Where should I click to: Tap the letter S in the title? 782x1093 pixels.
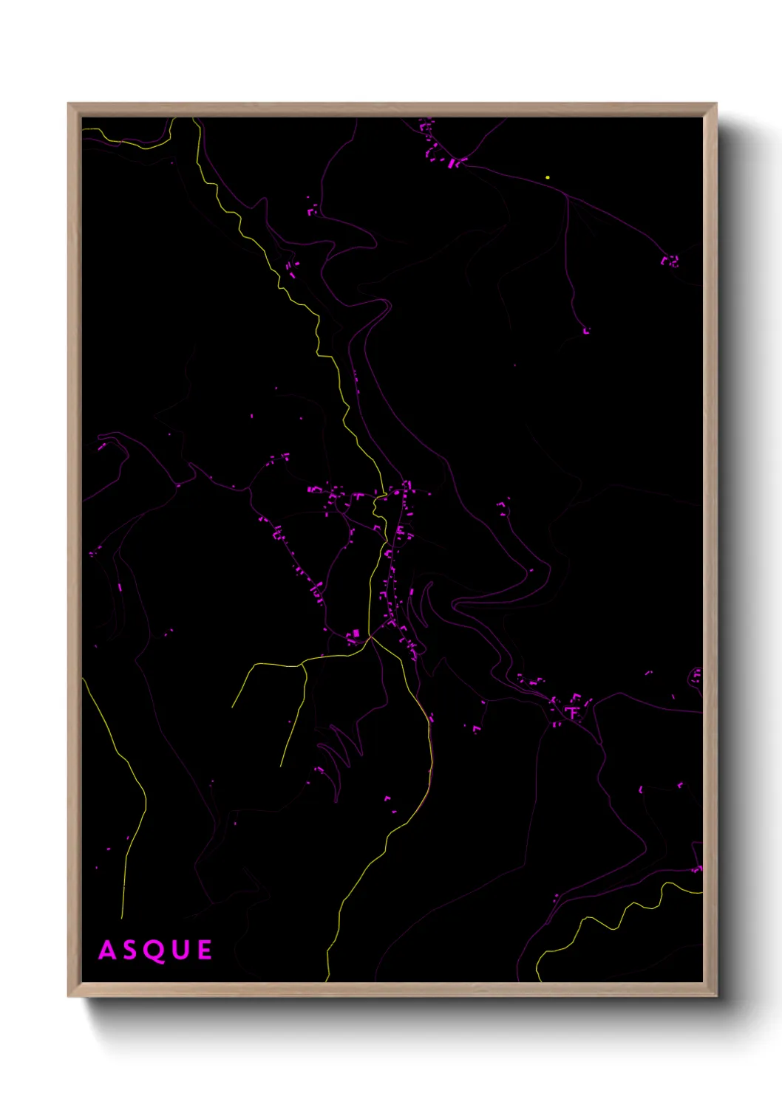130,950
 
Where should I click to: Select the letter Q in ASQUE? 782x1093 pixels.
154,950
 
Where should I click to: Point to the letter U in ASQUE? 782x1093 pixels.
180,950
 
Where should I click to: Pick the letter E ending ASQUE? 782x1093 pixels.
205,950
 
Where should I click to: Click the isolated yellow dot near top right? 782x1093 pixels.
548,177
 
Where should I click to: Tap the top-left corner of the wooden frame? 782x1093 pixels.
69,104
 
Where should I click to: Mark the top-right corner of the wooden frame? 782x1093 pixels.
715,104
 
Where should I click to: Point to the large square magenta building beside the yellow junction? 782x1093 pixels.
356,634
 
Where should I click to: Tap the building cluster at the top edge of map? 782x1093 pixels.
440,148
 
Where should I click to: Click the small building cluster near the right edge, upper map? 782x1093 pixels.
670,261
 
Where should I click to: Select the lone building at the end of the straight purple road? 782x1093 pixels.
587,331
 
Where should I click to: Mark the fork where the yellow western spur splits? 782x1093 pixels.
302,665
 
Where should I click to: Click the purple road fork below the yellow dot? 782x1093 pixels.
568,197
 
